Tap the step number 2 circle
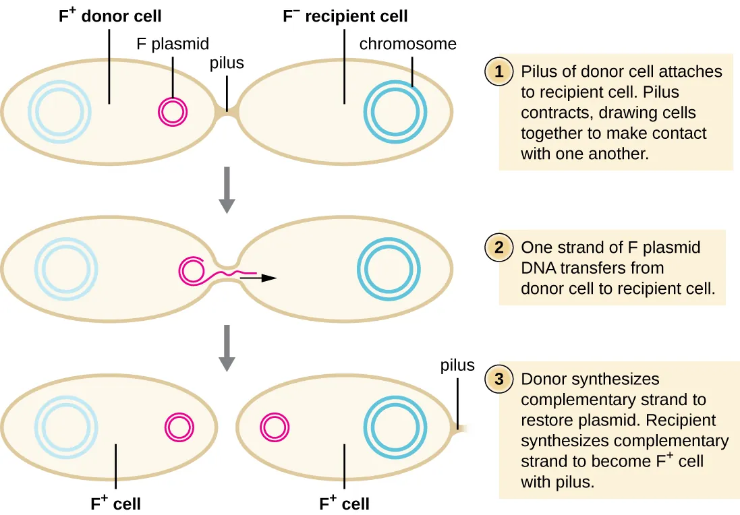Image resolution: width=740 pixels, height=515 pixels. (x=499, y=247)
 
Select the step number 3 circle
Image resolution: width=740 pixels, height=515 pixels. (x=499, y=379)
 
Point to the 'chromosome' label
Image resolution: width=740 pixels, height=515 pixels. (x=407, y=44)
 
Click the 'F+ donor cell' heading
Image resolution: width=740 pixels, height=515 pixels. (x=110, y=16)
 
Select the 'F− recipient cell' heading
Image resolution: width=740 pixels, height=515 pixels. (x=345, y=16)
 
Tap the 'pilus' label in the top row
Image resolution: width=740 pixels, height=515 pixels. (x=227, y=63)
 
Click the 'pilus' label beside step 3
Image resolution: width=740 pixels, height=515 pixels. (x=457, y=365)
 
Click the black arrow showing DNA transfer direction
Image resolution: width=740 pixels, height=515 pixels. (x=259, y=277)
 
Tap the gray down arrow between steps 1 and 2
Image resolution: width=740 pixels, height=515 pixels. (x=227, y=189)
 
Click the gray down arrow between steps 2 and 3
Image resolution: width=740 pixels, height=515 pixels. (x=227, y=348)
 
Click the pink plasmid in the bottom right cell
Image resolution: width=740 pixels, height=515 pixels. (x=275, y=427)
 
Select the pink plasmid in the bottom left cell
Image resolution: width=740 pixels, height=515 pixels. (x=180, y=427)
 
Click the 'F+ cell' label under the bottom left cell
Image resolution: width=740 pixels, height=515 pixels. (x=116, y=504)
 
